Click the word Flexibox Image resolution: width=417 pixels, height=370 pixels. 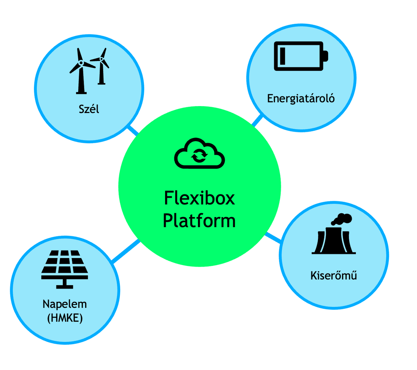(x=199, y=198)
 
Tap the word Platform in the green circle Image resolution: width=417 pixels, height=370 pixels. (x=199, y=221)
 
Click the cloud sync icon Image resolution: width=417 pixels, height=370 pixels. (x=199, y=154)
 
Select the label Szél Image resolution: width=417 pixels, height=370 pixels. (x=89, y=109)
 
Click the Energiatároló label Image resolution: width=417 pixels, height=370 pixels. (x=301, y=98)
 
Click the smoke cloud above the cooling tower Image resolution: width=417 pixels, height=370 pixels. (x=342, y=219)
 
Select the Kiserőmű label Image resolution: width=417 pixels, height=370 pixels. (x=334, y=276)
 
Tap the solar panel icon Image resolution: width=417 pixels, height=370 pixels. (x=65, y=269)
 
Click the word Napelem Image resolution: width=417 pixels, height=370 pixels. (x=65, y=304)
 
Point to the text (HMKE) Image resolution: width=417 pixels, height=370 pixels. (x=65, y=318)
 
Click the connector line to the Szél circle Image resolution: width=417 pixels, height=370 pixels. (x=133, y=130)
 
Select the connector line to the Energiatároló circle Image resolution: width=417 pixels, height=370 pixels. (x=257, y=120)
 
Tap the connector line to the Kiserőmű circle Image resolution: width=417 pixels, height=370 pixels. (x=273, y=238)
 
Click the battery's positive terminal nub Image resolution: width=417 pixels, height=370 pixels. (x=326, y=56)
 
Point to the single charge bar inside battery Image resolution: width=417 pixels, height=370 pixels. (x=283, y=56)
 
